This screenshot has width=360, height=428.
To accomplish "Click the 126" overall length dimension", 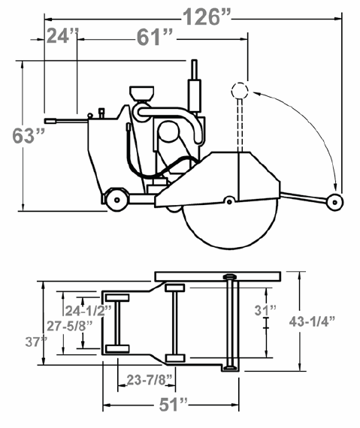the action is [x=207, y=17].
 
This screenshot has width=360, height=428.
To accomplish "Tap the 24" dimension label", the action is [x=62, y=36].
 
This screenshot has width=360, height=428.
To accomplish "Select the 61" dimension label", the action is [x=155, y=37].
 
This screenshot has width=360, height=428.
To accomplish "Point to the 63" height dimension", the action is [x=29, y=135].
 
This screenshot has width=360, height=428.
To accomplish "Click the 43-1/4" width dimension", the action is [x=312, y=321].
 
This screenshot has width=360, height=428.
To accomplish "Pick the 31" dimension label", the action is [x=265, y=310].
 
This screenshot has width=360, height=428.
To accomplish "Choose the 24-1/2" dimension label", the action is [x=88, y=310].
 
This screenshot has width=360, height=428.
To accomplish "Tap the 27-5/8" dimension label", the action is [x=70, y=326].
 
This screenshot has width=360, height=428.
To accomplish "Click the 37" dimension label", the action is [x=36, y=342].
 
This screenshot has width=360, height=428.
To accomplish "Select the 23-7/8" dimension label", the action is [x=150, y=380].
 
